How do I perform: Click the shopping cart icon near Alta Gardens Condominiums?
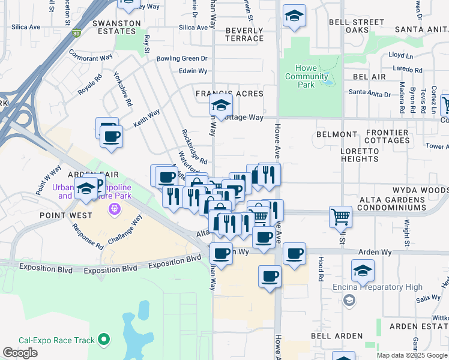click(x=340, y=216)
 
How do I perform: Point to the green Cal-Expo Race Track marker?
click(x=104, y=340)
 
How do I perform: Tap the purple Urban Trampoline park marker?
click(x=113, y=208)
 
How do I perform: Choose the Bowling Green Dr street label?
click(x=181, y=59)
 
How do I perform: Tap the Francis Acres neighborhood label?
click(x=229, y=94)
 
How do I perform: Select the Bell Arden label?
click(x=340, y=336)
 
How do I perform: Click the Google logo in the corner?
click(x=20, y=353)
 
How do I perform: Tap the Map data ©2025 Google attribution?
click(x=412, y=355)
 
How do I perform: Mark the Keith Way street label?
click(x=146, y=117)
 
